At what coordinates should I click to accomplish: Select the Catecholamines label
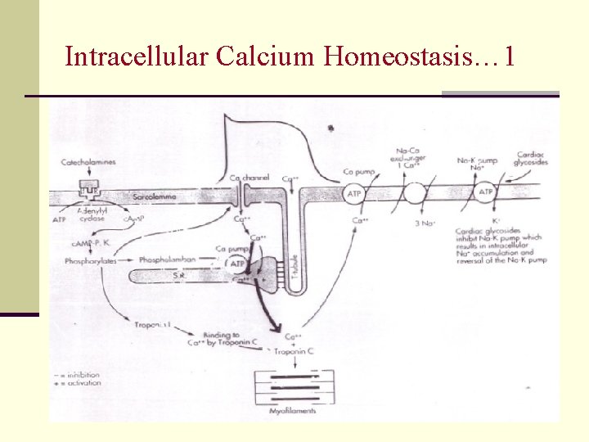point(88,162)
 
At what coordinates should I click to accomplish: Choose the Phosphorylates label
point(90,260)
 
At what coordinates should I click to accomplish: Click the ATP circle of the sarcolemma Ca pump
point(353,194)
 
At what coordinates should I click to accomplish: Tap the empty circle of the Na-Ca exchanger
point(414,194)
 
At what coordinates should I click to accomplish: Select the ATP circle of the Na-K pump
point(485,194)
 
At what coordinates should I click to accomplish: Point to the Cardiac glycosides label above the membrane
point(531,158)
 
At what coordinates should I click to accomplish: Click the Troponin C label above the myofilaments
point(293,351)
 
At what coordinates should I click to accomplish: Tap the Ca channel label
point(250,178)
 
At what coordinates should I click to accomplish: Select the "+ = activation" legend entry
point(79,382)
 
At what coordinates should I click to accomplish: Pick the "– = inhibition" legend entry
point(79,375)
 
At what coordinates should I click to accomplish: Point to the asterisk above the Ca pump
point(330,129)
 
